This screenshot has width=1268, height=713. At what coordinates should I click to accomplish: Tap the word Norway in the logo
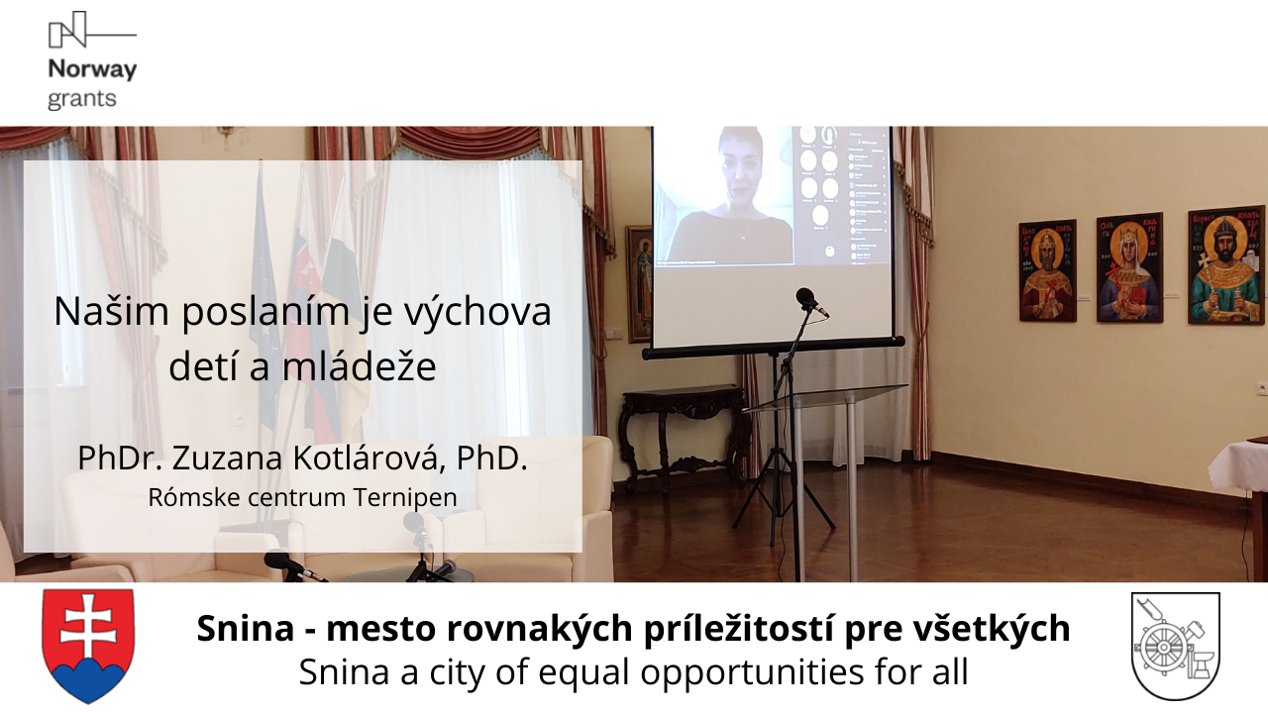point(92,69)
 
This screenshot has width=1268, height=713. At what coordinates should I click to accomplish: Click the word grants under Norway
point(82,99)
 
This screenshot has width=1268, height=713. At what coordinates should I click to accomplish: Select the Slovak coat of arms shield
point(88,646)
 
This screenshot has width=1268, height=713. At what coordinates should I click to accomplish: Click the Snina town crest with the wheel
point(1175,646)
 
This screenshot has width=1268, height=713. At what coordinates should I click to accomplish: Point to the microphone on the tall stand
point(810,302)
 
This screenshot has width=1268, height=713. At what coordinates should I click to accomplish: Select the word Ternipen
point(405,497)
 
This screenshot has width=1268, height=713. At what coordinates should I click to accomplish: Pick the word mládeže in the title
point(360,366)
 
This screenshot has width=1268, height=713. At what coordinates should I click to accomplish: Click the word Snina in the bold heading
point(246,628)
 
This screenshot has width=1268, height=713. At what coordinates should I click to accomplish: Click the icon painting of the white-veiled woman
point(1129,268)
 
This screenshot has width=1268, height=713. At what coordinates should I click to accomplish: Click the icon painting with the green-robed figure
point(1225,265)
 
